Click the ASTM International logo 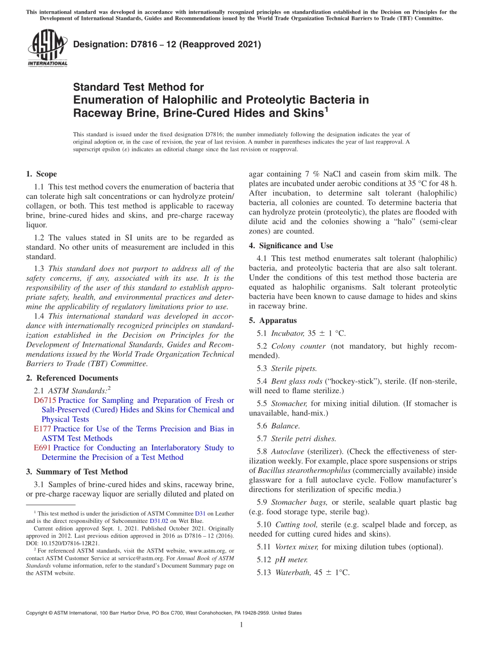click(x=47, y=48)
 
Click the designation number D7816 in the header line click(x=137, y=44)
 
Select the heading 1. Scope click(x=42, y=174)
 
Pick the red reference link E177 click(x=42, y=429)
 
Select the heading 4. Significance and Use click(x=291, y=246)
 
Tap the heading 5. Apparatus click(x=273, y=320)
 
